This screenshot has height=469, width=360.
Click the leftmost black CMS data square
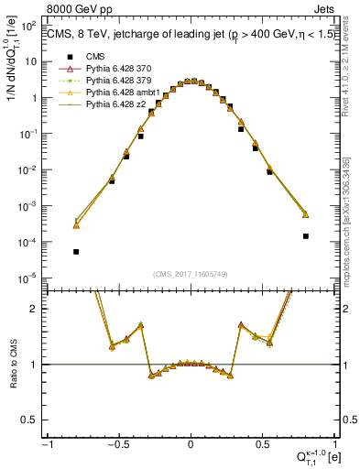76,251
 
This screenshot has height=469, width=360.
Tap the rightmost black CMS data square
305,235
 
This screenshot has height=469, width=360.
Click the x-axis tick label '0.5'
261,445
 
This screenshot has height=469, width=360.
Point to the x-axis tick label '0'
191,445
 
